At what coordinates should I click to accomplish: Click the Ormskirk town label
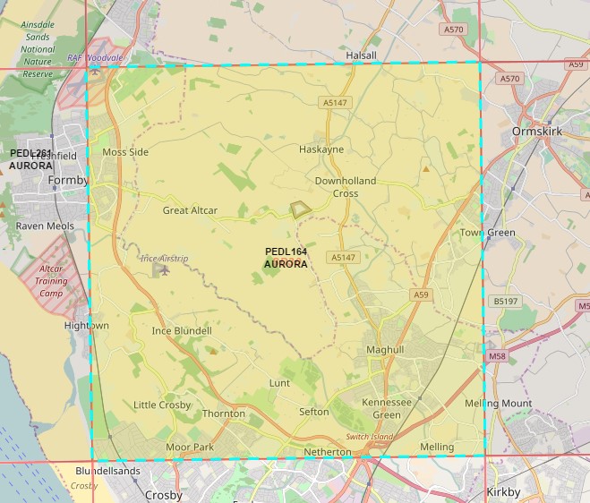535,132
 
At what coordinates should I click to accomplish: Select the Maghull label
385,349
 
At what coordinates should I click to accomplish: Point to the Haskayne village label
321,149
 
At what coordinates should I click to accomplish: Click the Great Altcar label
190,211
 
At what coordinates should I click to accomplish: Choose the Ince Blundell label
182,331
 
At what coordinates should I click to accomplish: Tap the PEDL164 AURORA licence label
286,258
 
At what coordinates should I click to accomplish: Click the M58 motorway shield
497,356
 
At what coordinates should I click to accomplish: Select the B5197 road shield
506,302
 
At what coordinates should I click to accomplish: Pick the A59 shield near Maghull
421,294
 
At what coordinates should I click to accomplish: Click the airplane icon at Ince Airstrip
161,269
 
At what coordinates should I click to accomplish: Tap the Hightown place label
87,326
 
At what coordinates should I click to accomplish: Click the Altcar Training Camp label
51,280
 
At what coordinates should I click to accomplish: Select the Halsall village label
362,55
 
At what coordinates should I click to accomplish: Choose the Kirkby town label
502,492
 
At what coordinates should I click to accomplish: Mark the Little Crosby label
162,405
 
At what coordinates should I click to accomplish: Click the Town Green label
488,233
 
